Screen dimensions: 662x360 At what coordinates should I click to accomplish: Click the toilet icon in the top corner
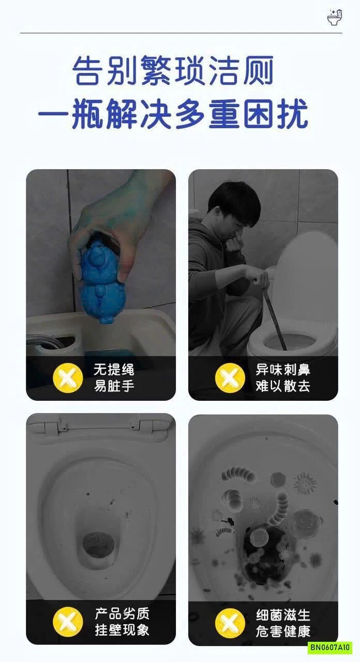point(335,18)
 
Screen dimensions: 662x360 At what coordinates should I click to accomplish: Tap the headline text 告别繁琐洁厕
point(173,71)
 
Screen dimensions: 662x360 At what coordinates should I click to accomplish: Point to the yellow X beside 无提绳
point(68,377)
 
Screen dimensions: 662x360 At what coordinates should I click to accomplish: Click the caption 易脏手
point(114,386)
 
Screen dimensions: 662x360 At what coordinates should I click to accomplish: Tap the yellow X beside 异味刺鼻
point(230,377)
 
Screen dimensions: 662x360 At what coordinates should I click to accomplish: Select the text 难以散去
point(283,386)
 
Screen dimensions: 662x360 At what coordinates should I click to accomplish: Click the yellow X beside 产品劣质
point(68,622)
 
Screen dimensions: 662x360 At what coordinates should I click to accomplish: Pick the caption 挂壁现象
point(122,630)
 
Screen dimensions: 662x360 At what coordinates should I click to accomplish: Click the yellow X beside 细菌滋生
point(230,623)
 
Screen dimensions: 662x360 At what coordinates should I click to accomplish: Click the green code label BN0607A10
point(329,647)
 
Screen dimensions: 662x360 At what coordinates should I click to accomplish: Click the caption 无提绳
point(114,370)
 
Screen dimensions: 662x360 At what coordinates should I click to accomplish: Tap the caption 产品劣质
point(122,614)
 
